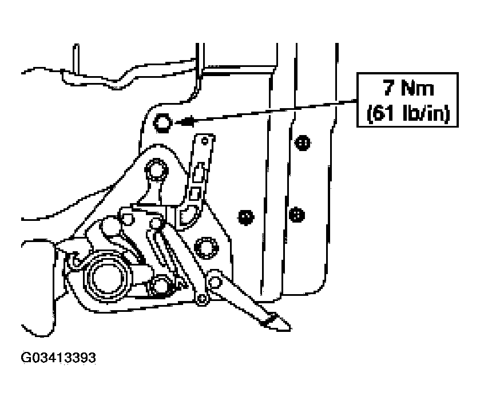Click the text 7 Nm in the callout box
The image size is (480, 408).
click(408, 88)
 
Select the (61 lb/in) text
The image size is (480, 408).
click(408, 113)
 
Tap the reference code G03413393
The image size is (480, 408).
click(58, 358)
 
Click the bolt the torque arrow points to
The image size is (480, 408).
click(162, 122)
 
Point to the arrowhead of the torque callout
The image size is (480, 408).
click(184, 122)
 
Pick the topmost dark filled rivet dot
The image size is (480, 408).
click(303, 142)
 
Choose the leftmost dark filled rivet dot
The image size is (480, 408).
click(246, 217)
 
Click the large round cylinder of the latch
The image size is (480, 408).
click(106, 279)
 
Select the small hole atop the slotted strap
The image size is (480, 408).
click(204, 141)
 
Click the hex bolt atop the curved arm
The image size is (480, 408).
click(156, 171)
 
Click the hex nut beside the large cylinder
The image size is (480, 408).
click(160, 287)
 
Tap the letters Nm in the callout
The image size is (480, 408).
click(418, 88)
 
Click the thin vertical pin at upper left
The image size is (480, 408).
click(76, 59)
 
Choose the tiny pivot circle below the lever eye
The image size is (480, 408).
click(201, 299)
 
